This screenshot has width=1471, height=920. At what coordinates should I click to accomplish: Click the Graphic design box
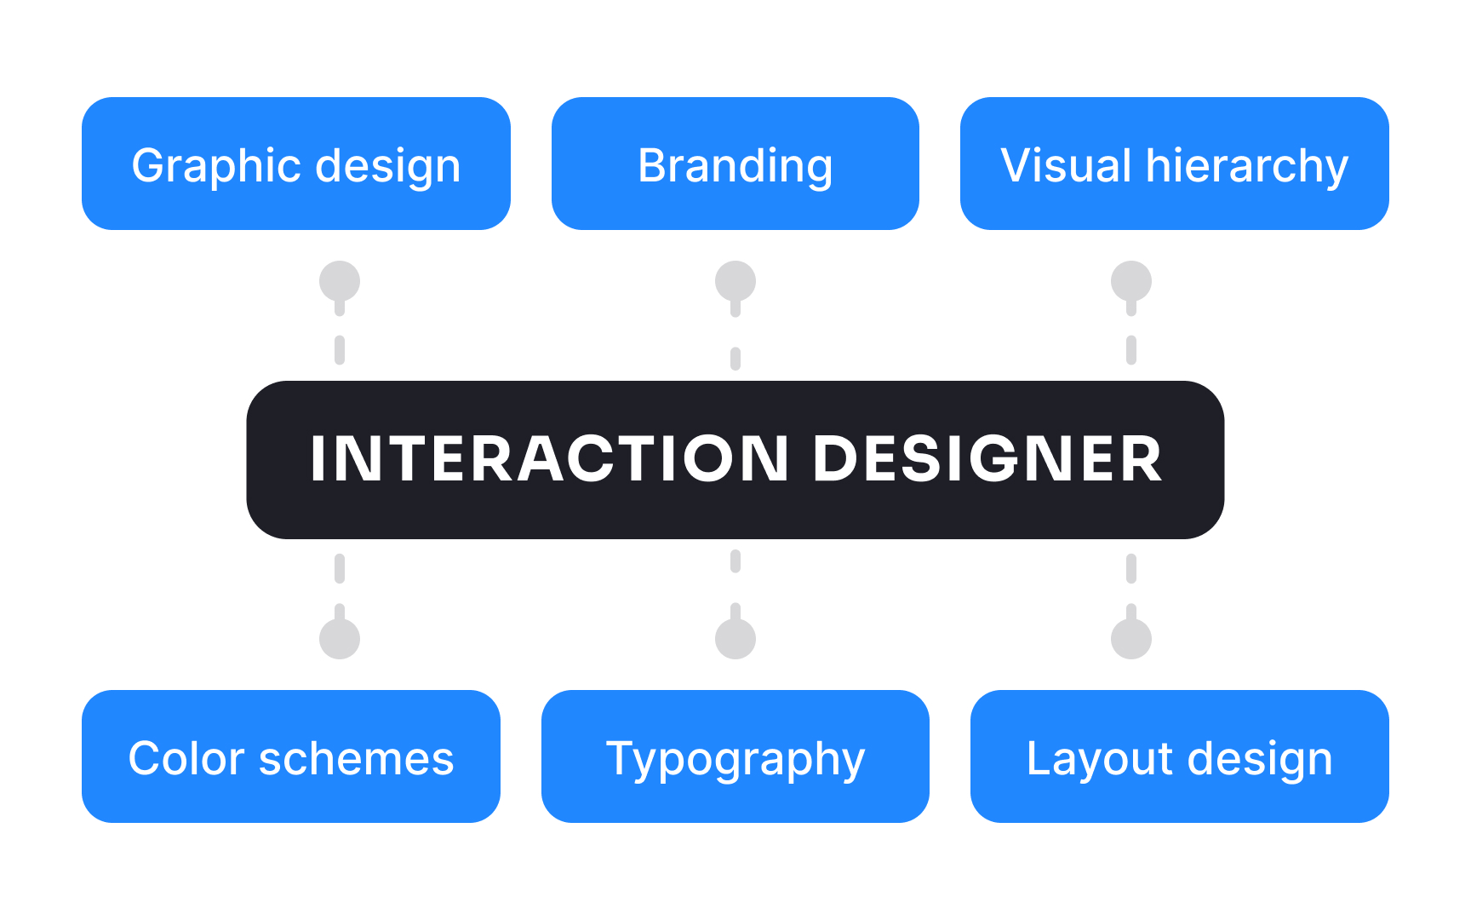click(x=295, y=164)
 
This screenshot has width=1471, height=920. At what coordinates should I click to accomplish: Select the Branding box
click(x=735, y=164)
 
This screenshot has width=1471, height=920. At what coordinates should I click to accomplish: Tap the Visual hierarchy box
click(x=1174, y=164)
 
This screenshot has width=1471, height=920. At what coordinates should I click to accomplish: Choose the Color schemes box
click(x=290, y=756)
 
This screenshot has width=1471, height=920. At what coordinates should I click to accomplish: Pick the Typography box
click(x=735, y=756)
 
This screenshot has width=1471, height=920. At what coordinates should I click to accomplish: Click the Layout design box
click(x=1179, y=756)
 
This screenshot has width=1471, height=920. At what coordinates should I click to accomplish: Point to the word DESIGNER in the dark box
click(x=987, y=459)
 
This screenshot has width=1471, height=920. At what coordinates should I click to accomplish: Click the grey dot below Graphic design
click(x=340, y=281)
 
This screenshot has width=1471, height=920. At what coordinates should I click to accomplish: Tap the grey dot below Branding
click(x=735, y=281)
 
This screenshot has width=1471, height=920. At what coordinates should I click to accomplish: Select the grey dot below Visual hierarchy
click(x=1131, y=281)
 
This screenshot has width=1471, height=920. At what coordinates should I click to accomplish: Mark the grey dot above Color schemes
click(x=340, y=639)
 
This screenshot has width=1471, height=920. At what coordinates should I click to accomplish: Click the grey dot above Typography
click(x=735, y=639)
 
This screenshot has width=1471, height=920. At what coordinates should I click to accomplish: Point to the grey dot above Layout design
click(x=1131, y=639)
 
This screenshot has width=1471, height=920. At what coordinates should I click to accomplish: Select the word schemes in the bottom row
click(x=356, y=758)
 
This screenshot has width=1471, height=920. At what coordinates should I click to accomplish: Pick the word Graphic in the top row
click(x=210, y=165)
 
